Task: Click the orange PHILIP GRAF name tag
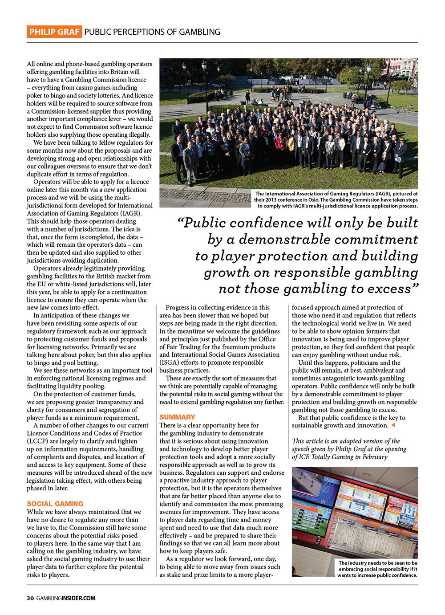(x=53, y=32)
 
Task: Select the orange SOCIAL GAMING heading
(x=55, y=503)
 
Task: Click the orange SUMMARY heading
(x=177, y=417)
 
